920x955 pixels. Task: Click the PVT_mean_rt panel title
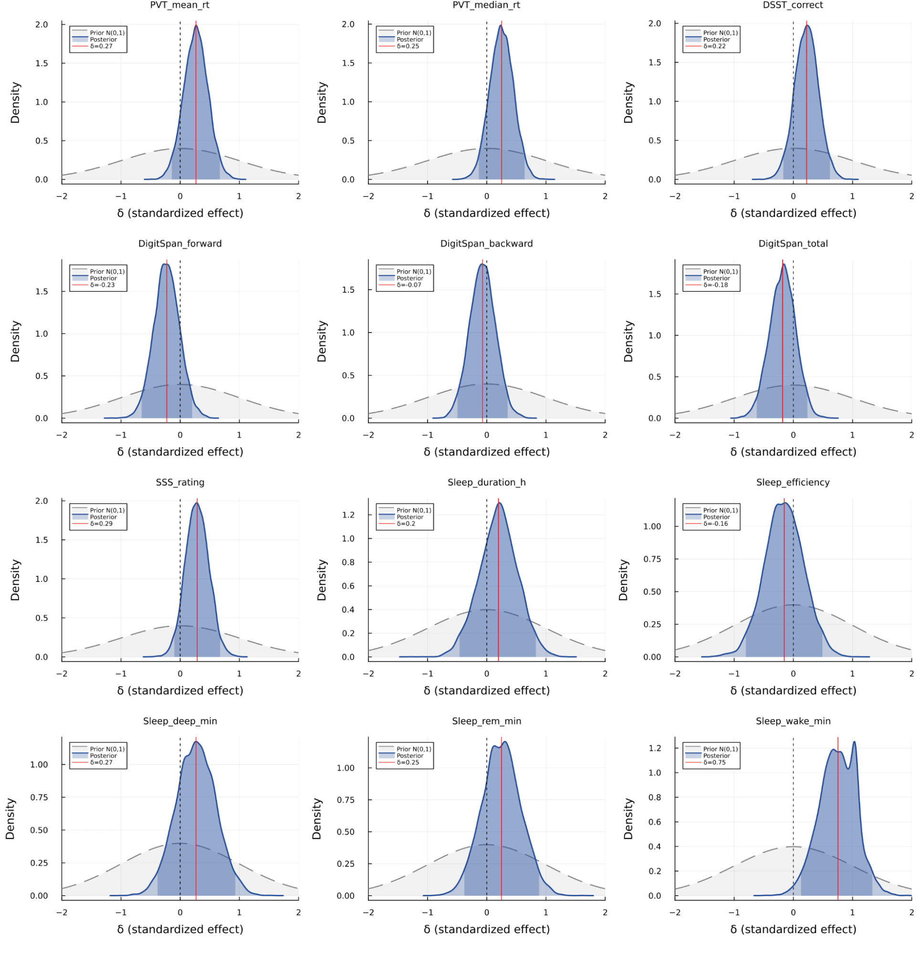pyautogui.click(x=179, y=5)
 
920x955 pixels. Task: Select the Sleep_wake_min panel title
pyautogui.click(x=793, y=720)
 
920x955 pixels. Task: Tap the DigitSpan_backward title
pyautogui.click(x=486, y=244)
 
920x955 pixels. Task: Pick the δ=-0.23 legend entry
pyautogui.click(x=102, y=285)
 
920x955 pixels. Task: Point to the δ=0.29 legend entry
pyautogui.click(x=101, y=524)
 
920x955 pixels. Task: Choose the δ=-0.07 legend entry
pyautogui.click(x=409, y=285)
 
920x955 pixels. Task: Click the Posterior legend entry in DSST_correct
pyautogui.click(x=716, y=40)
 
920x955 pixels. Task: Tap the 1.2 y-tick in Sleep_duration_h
pyautogui.click(x=348, y=515)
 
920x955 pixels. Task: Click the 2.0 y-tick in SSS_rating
pyautogui.click(x=42, y=501)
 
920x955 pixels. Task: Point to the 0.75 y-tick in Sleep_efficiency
pyautogui.click(x=652, y=559)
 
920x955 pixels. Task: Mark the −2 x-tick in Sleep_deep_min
pyautogui.click(x=62, y=912)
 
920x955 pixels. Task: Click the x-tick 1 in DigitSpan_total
pyautogui.click(x=852, y=435)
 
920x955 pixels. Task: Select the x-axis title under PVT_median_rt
pyautogui.click(x=486, y=213)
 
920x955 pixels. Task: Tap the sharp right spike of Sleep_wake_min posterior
pyautogui.click(x=854, y=742)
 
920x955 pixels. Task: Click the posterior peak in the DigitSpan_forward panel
pyautogui.click(x=165, y=265)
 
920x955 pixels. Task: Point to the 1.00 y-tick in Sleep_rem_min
pyautogui.click(x=345, y=768)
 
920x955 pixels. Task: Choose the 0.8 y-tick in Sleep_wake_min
pyautogui.click(x=655, y=797)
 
